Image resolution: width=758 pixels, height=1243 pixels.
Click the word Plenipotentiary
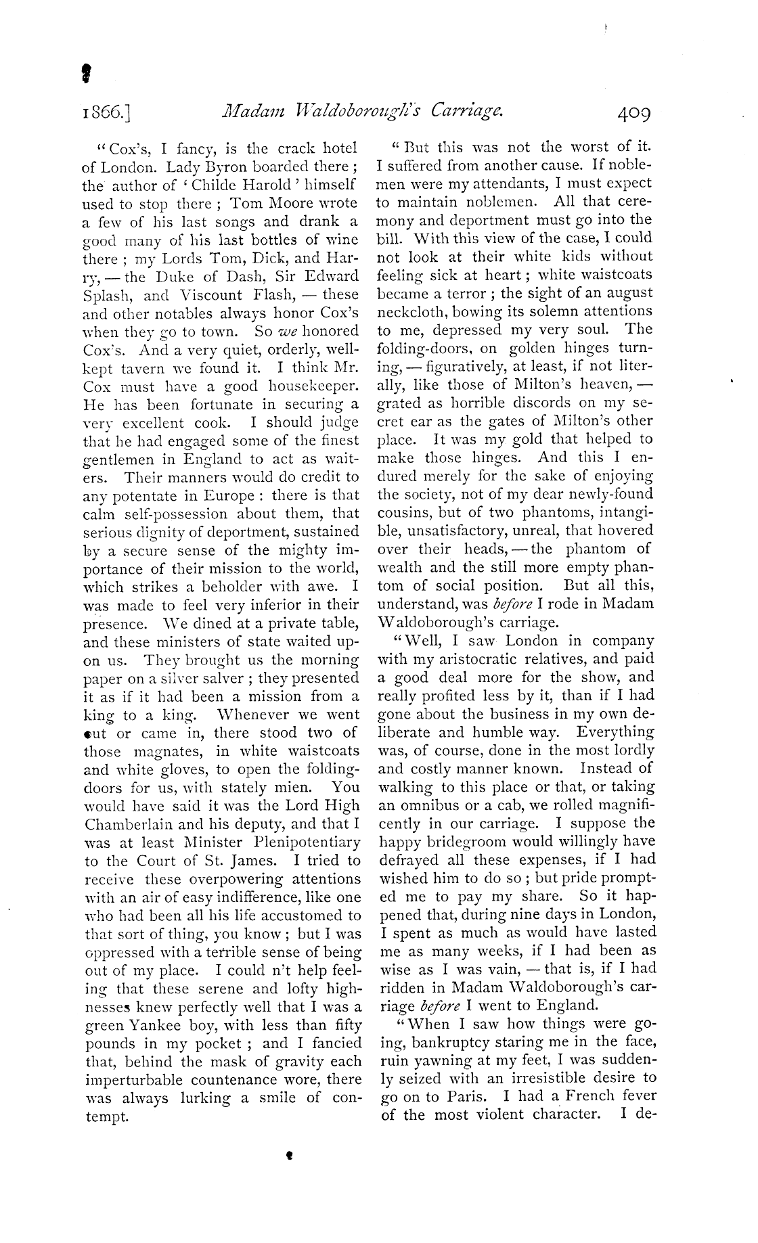[x=298, y=842]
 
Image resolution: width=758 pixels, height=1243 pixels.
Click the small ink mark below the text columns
[x=289, y=1157]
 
